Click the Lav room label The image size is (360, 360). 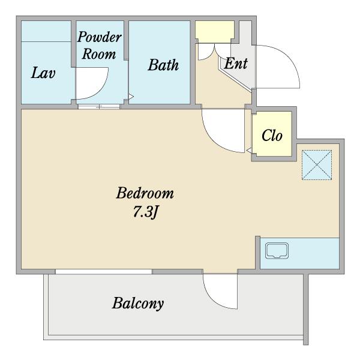point(43,73)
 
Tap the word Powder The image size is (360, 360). point(99,37)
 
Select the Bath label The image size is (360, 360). point(163,65)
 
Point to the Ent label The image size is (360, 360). point(236,64)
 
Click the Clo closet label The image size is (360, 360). point(272,135)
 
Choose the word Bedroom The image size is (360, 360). point(145,193)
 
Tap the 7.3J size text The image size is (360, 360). point(145,212)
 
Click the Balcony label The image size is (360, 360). point(138,303)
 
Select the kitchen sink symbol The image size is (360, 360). point(277,251)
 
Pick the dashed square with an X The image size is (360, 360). point(317,165)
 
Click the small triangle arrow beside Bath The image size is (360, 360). point(131,96)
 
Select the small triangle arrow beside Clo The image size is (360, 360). point(248,151)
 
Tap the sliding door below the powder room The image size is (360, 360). point(99,107)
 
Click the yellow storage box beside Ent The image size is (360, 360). point(215,32)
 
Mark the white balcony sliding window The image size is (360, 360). point(104,272)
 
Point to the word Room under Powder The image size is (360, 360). point(99,54)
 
